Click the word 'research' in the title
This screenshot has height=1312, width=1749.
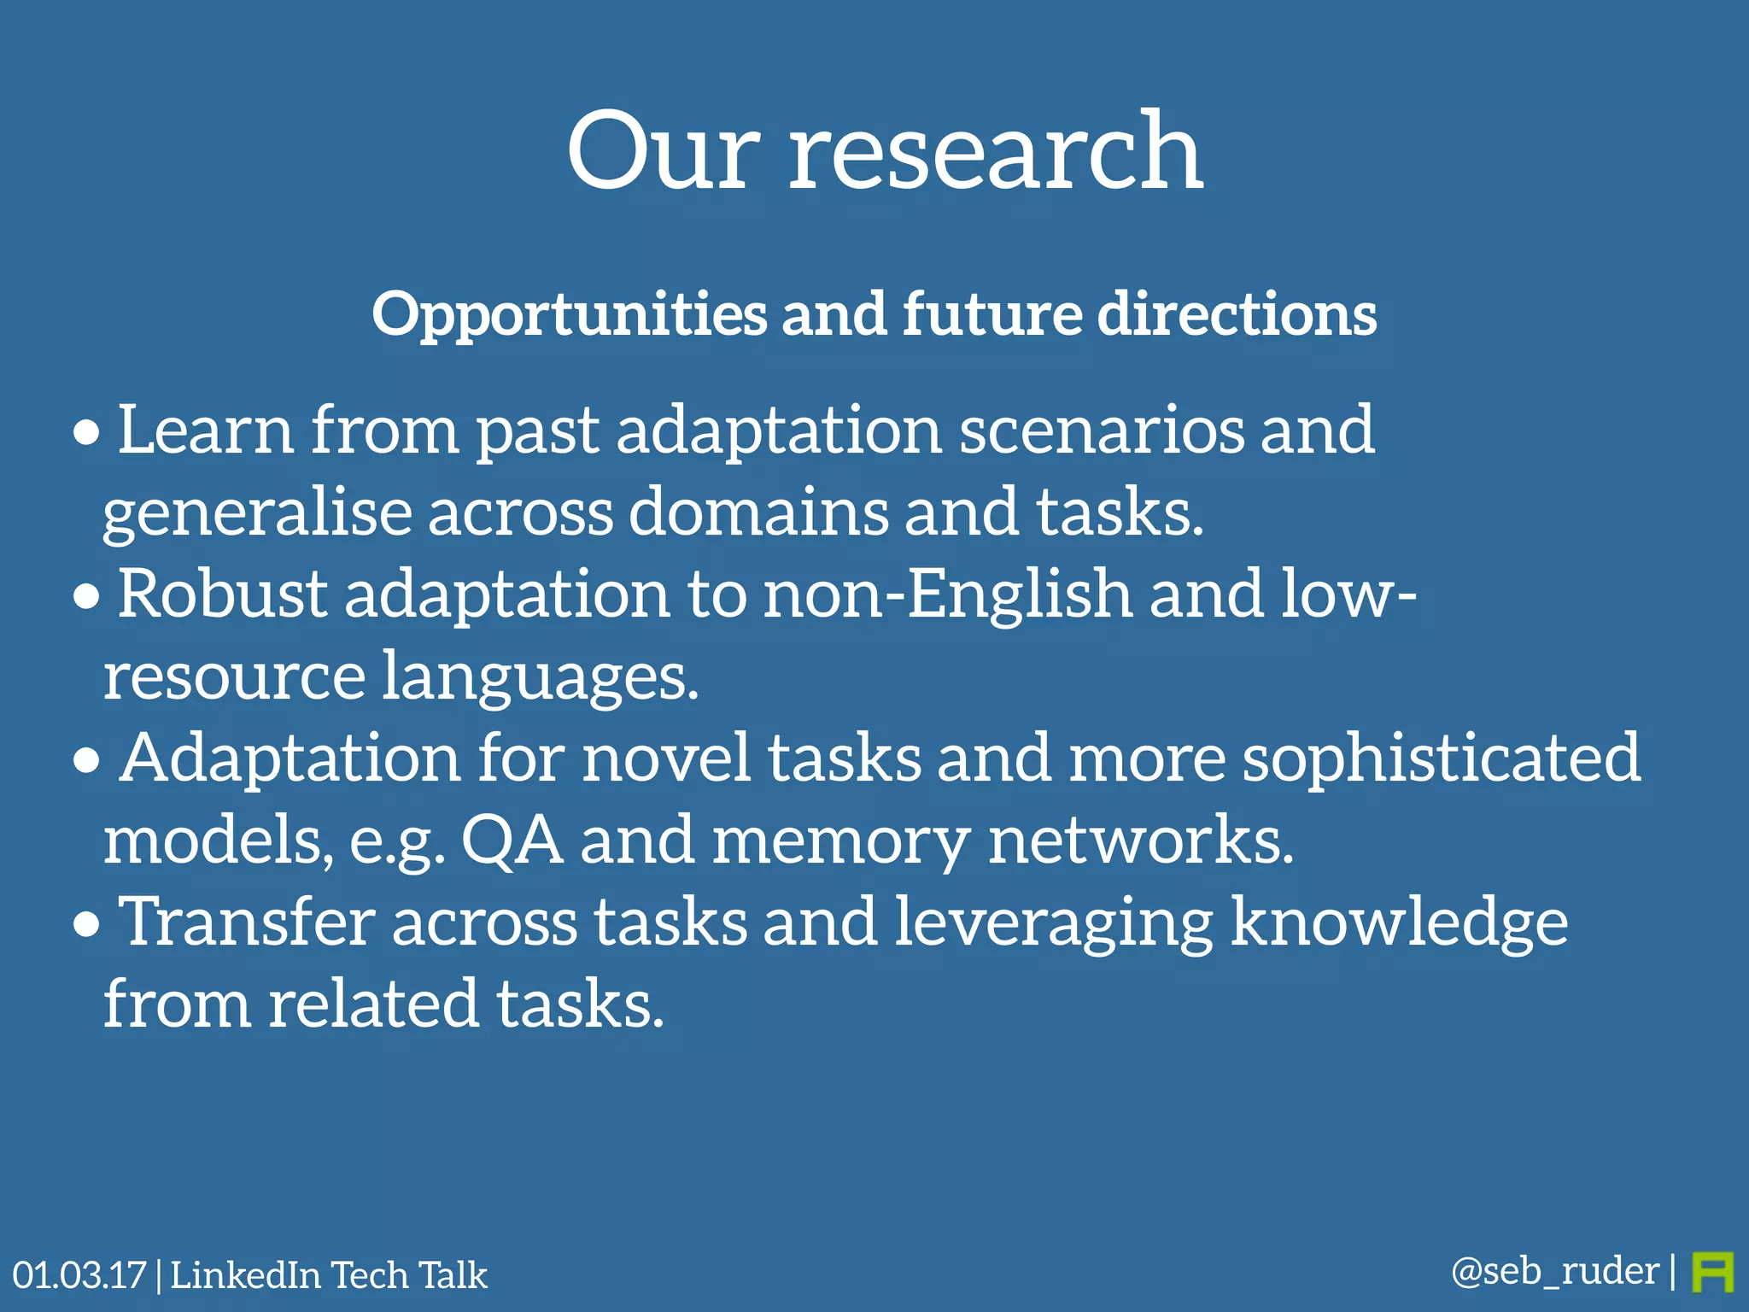[995, 154]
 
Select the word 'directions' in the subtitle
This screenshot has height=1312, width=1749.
[1237, 314]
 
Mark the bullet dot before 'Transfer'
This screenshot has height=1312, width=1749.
[86, 925]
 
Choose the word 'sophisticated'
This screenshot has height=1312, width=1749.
[1441, 760]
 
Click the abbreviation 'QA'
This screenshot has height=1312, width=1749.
[512, 840]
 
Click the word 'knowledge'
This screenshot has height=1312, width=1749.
[1399, 923]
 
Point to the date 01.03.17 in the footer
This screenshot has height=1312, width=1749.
[79, 1275]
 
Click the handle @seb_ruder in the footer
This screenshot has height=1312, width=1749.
[1555, 1271]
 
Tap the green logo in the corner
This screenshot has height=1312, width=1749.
[1712, 1273]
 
